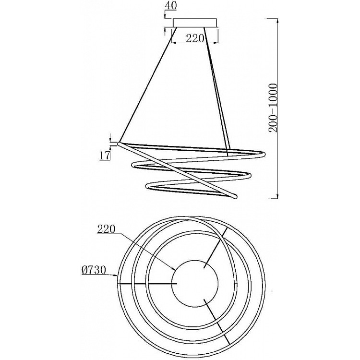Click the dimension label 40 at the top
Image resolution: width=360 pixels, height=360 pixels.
pos(171,5)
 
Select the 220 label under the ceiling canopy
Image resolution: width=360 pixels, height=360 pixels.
pos(195,38)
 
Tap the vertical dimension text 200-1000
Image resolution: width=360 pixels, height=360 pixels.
pos(273,108)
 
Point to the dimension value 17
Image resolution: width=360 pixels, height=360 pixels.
pos(105,155)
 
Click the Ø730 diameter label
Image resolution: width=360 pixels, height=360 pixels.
pos(94,270)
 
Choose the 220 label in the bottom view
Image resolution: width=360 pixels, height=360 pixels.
pos(106,229)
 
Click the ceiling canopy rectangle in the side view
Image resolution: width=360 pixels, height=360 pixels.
pos(195,23)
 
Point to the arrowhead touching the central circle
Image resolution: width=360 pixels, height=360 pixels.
pos(174,268)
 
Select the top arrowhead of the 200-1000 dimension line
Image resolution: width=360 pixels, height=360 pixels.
pos(278,21)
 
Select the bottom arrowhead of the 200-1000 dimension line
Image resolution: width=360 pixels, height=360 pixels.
pos(278,195)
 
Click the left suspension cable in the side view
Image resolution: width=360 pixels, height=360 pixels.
pos(148,84)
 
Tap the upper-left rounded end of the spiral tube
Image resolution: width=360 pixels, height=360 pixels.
pos(120,144)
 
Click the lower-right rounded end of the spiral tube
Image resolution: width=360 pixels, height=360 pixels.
pos(234,196)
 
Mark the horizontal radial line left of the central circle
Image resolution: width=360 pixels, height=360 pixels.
pos(147,284)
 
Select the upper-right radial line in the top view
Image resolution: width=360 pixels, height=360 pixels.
pos(216,248)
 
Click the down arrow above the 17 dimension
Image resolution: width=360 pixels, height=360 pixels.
pos(110,138)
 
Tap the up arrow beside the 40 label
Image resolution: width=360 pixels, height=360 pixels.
pos(165,31)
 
